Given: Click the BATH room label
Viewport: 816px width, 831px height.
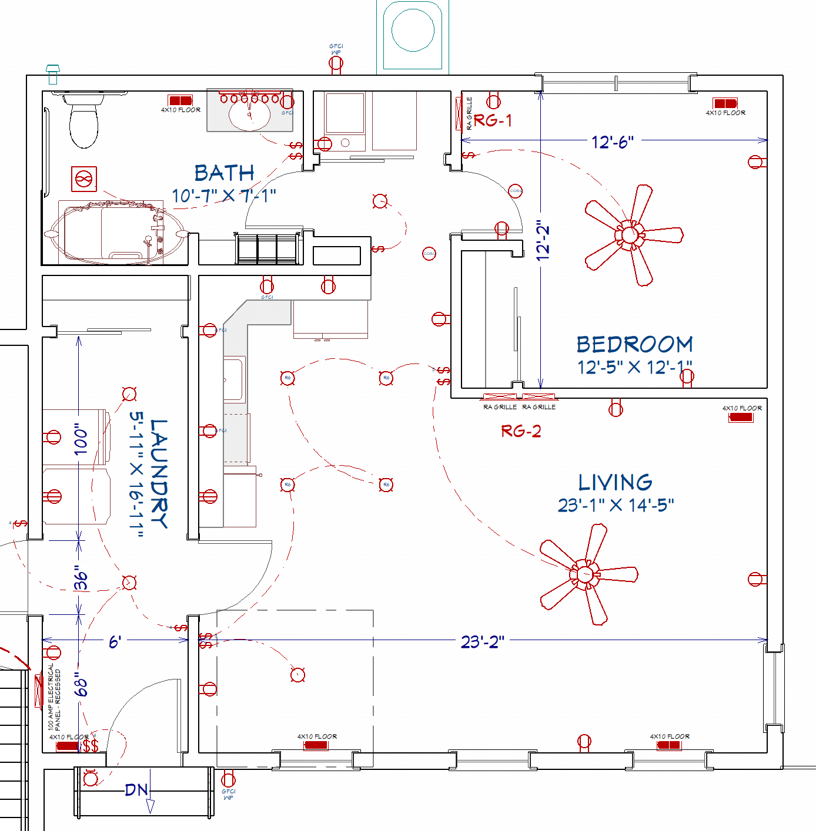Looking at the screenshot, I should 224,173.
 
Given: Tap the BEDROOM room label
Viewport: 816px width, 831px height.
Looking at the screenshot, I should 634,345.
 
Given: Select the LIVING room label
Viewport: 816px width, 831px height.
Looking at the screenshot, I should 615,483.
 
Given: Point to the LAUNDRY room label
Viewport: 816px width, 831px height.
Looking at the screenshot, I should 159,473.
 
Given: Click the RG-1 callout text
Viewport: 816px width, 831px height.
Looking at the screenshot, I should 493,120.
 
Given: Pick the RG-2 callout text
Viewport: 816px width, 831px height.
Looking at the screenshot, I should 521,432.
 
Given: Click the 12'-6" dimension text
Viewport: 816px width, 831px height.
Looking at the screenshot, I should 612,142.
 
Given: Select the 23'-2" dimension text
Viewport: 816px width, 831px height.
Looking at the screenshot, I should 482,642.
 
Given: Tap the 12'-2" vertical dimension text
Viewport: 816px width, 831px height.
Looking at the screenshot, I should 543,240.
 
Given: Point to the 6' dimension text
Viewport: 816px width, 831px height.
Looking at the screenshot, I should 115,642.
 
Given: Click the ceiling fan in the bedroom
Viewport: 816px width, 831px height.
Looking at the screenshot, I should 630,235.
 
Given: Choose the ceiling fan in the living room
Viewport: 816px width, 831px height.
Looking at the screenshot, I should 585,574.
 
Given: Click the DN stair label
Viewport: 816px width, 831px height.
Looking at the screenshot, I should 136,790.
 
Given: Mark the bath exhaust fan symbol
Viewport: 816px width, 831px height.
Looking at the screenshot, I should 84,179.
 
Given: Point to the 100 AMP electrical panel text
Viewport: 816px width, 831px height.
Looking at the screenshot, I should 53,697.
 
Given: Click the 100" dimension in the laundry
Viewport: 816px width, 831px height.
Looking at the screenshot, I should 81,439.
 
